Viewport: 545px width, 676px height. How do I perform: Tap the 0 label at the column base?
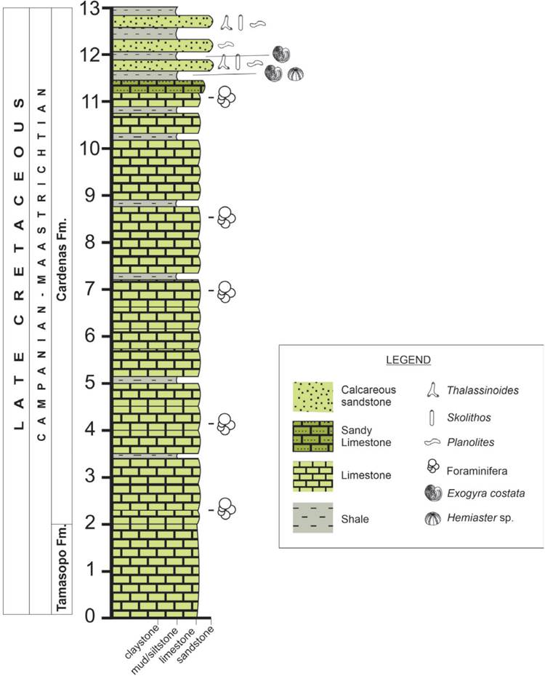tap(90, 617)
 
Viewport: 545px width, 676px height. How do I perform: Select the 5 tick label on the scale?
tap(91, 382)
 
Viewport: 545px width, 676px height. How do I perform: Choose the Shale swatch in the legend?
tap(312, 518)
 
